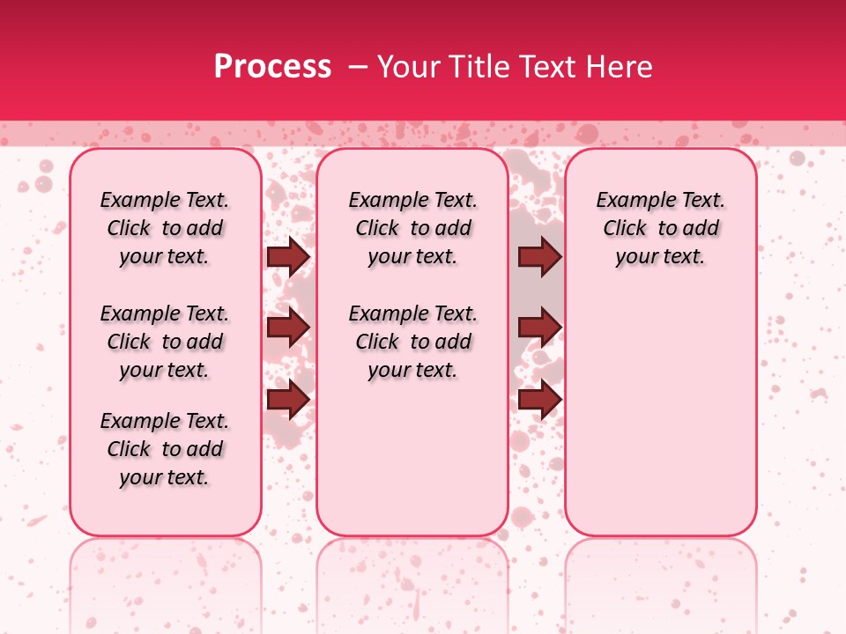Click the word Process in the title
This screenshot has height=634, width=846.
tap(272, 67)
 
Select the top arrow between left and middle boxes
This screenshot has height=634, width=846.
tap(288, 257)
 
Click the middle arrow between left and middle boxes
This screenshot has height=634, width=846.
tap(288, 328)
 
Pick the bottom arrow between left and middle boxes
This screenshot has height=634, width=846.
tap(288, 399)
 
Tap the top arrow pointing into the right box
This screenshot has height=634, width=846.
tap(539, 257)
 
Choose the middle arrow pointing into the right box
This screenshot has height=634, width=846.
tap(539, 328)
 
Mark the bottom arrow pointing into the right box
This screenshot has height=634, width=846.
tap(539, 399)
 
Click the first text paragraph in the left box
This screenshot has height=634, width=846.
tap(165, 228)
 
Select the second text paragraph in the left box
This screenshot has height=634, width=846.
tap(165, 342)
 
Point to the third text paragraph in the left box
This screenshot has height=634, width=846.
tap(165, 449)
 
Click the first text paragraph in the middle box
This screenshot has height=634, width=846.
tap(412, 228)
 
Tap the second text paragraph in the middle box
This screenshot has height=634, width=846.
tap(412, 342)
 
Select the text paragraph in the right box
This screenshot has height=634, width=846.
tap(661, 228)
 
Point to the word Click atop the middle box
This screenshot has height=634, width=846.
tap(377, 229)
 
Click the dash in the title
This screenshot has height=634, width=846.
tap(354, 67)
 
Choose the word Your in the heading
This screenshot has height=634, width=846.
tap(404, 67)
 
